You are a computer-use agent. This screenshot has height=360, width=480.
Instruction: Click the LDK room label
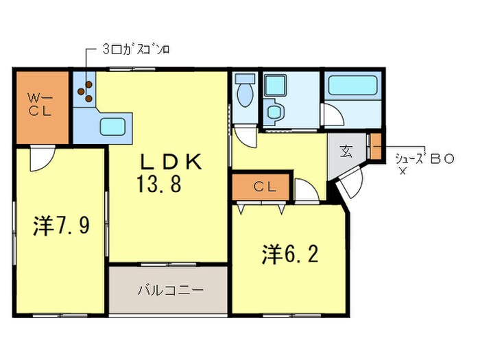click(171, 162)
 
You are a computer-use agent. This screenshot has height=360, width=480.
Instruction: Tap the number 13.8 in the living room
click(158, 184)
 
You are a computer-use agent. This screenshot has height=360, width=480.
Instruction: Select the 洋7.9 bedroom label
click(61, 226)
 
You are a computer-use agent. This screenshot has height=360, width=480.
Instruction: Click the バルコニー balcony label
click(171, 290)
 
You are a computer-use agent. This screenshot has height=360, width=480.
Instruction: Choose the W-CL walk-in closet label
click(38, 106)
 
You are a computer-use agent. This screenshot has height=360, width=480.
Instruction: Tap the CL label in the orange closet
click(264, 186)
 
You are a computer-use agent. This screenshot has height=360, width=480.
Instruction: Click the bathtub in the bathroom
click(354, 87)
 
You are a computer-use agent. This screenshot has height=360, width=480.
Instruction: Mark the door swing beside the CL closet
click(307, 192)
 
